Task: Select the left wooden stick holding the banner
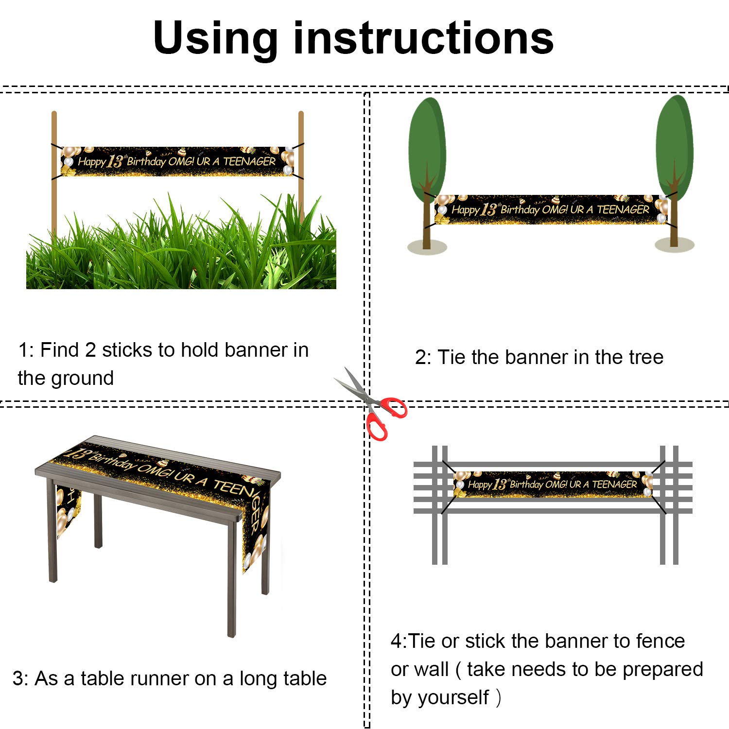click(x=54, y=173)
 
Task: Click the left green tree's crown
click(x=427, y=148)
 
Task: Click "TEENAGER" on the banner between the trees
click(x=623, y=209)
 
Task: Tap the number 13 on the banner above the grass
click(x=115, y=161)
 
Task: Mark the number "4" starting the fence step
click(x=397, y=641)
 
